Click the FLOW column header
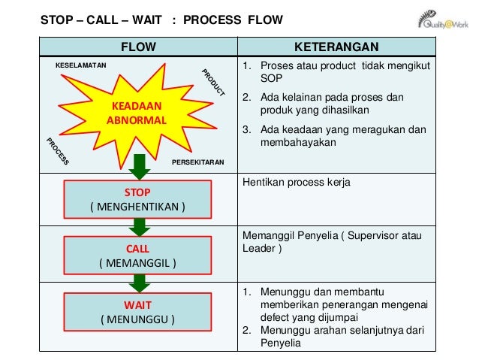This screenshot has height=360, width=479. point(138,48)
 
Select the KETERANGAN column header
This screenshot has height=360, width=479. point(336,48)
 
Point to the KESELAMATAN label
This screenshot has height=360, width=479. point(82,65)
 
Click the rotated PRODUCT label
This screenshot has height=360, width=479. point(214,83)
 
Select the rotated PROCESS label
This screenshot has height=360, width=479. point(58,151)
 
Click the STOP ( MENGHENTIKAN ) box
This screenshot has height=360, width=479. point(137,199)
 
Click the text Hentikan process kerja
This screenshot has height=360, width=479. point(296,183)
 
